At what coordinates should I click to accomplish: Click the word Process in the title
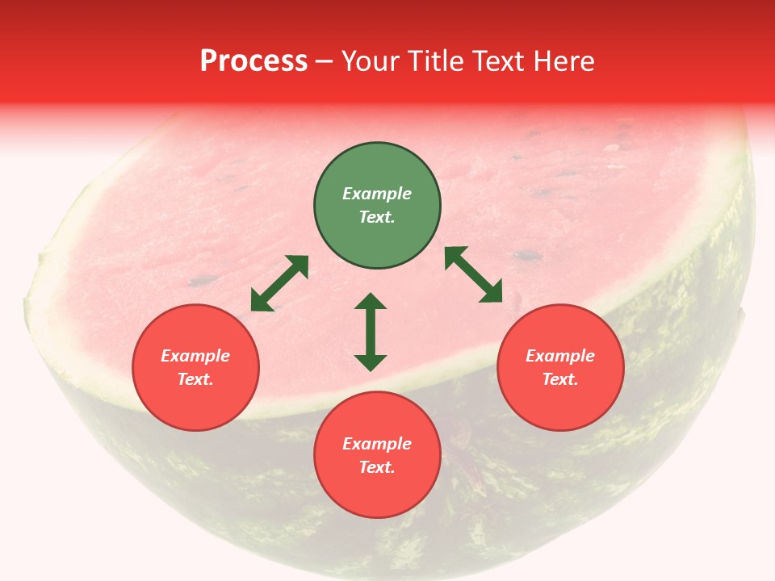(x=253, y=61)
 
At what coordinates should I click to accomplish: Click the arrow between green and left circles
(x=279, y=283)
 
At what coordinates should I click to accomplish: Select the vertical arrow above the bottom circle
(x=371, y=332)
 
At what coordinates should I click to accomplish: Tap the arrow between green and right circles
(x=474, y=274)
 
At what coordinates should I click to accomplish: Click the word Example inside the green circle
(x=377, y=194)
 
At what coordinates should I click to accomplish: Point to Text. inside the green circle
(x=377, y=217)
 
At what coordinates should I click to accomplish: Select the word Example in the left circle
(x=195, y=356)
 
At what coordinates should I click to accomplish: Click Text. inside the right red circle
(x=560, y=379)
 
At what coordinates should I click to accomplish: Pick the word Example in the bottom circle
(x=377, y=444)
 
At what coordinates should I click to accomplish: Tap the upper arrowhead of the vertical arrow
(x=371, y=302)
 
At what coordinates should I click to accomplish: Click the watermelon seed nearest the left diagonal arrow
(x=203, y=281)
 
